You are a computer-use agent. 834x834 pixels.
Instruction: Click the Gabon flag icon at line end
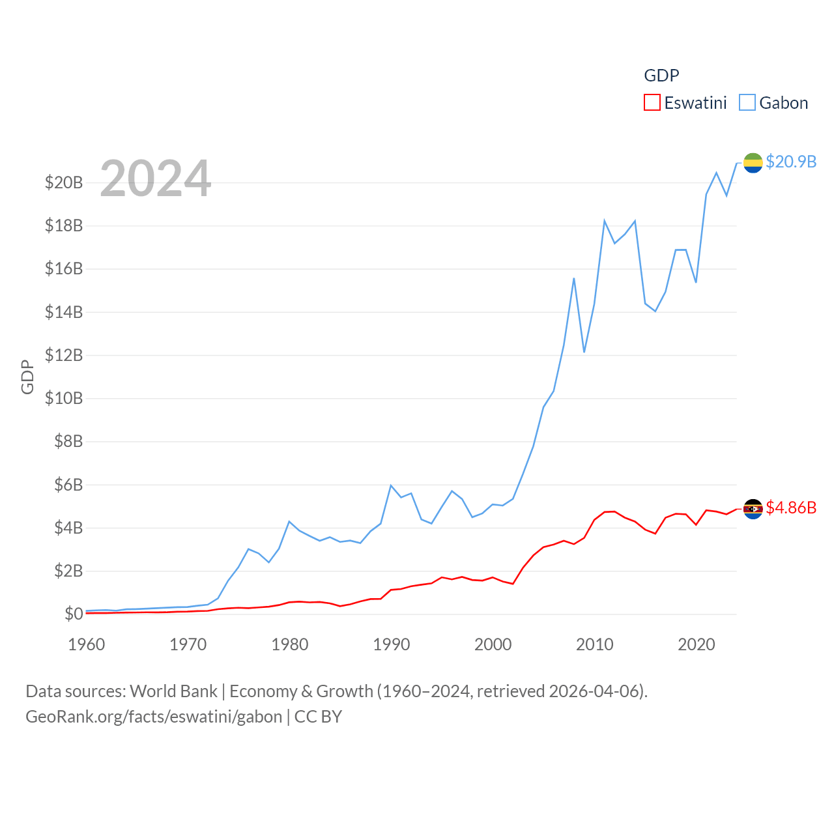click(x=753, y=163)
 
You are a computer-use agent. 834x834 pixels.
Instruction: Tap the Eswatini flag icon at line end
click(x=753, y=509)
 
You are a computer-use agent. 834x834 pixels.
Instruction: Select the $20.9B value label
click(x=791, y=162)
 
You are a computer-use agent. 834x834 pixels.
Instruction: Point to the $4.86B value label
click(x=791, y=508)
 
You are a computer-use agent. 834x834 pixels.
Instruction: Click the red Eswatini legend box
click(x=652, y=103)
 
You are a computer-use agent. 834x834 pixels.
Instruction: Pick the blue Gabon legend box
click(x=747, y=103)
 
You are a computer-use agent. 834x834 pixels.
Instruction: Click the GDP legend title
click(x=661, y=76)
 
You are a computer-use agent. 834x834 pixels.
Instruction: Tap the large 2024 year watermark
click(x=155, y=179)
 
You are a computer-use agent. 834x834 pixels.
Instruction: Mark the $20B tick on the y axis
click(x=64, y=182)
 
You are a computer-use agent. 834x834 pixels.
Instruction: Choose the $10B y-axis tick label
click(x=64, y=398)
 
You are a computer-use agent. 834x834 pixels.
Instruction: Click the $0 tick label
click(x=74, y=614)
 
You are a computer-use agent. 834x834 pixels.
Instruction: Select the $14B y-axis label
click(x=64, y=312)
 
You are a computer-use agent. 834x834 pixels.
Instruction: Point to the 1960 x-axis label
click(x=87, y=644)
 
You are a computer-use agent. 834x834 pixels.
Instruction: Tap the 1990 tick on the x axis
click(x=391, y=644)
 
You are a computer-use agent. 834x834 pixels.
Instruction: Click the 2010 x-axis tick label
click(x=594, y=644)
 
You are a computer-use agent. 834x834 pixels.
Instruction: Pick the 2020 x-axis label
click(x=696, y=644)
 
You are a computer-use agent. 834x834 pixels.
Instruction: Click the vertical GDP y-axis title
click(x=27, y=377)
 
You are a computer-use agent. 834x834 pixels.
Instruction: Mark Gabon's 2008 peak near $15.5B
click(x=574, y=279)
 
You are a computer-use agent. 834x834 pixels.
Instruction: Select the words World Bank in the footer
click(x=173, y=691)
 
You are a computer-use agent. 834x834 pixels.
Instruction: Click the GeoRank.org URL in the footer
click(x=154, y=717)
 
